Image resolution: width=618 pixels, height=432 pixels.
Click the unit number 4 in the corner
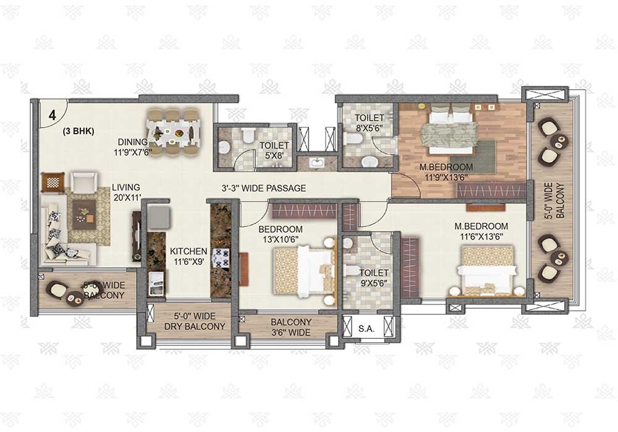click(x=53, y=115)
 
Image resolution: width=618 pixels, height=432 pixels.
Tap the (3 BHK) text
click(x=78, y=131)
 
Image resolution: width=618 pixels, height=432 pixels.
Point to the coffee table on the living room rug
click(x=84, y=214)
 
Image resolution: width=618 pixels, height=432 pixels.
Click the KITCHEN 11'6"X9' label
click(x=188, y=256)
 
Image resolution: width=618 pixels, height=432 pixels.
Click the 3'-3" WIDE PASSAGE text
click(x=264, y=188)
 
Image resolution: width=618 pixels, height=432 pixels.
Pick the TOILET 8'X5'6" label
click(x=370, y=123)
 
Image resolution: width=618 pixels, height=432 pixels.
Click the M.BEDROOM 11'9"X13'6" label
click(x=446, y=172)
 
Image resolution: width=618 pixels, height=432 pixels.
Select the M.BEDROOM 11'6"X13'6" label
click(x=481, y=231)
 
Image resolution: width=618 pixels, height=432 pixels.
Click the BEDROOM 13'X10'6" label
click(x=281, y=234)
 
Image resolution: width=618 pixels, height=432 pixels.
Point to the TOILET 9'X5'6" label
click(x=374, y=278)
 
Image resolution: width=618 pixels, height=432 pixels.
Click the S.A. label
click(x=366, y=329)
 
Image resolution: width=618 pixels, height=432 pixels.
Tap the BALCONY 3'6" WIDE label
click(x=291, y=327)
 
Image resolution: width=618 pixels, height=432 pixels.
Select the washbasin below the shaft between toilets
click(x=316, y=163)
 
